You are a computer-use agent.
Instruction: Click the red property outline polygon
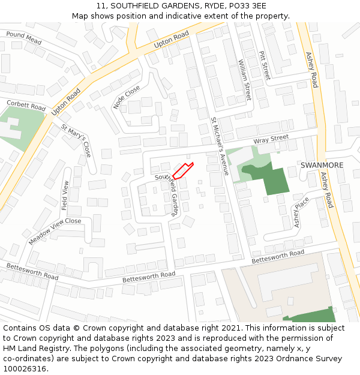pos(182,170)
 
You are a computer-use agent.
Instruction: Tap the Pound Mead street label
pos(24,38)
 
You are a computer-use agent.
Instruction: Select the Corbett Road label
pos(26,105)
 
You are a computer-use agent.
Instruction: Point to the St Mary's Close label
pos(76,140)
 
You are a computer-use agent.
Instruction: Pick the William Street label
pos(245,79)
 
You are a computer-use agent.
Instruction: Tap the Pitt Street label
pos(265,65)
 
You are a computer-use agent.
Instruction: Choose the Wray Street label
pos(271,139)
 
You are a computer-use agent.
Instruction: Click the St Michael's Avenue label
pos(220,146)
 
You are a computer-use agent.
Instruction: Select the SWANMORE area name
pos(322,165)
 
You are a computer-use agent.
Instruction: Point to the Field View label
pos(65,194)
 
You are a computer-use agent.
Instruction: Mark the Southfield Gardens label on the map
pos(167,194)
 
